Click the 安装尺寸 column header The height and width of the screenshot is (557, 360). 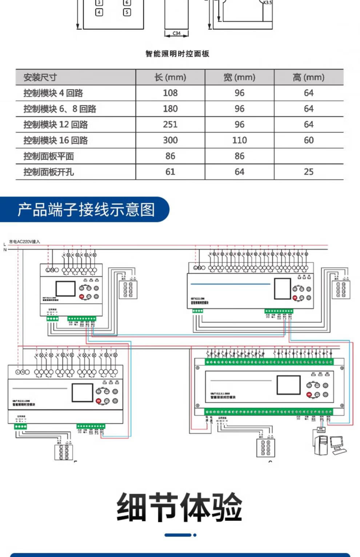pos(40,77)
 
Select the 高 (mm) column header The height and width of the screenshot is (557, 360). pos(308,77)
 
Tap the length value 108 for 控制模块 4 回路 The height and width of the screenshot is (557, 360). pos(170,93)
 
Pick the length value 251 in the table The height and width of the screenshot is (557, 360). pos(170,125)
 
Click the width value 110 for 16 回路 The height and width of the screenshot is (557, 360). pos(239,140)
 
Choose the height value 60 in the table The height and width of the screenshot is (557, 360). pos(308,140)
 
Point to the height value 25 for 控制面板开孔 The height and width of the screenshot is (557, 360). pos(308,172)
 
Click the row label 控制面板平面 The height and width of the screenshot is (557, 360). pos(49,156)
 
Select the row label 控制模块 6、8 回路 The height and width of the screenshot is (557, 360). pos(60,109)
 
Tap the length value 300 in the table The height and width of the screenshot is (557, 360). pos(170,140)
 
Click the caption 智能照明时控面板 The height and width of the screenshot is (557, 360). pos(177,54)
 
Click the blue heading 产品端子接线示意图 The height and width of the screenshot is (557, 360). pos(86,210)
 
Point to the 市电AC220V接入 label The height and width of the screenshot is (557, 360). pos(24,242)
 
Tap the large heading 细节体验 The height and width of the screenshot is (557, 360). pos(179,507)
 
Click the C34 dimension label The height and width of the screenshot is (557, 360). pos(176,33)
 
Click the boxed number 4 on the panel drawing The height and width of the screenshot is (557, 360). pos(99,12)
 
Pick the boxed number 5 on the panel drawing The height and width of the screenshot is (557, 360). pos(127,12)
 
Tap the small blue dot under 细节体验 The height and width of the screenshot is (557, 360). pos(195,535)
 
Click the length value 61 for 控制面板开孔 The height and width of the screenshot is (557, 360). pos(170,172)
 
